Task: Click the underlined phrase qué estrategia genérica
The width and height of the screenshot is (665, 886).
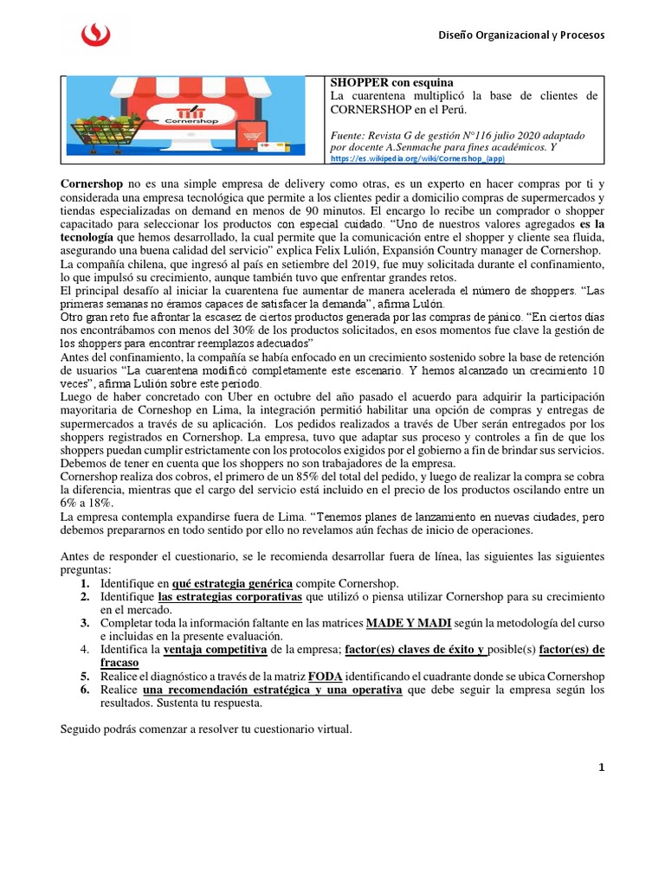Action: coord(232,583)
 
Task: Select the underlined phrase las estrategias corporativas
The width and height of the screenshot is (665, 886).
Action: coord(229,597)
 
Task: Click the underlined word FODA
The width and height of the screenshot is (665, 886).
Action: coord(325,676)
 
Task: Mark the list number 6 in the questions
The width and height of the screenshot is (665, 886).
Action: coord(85,689)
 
